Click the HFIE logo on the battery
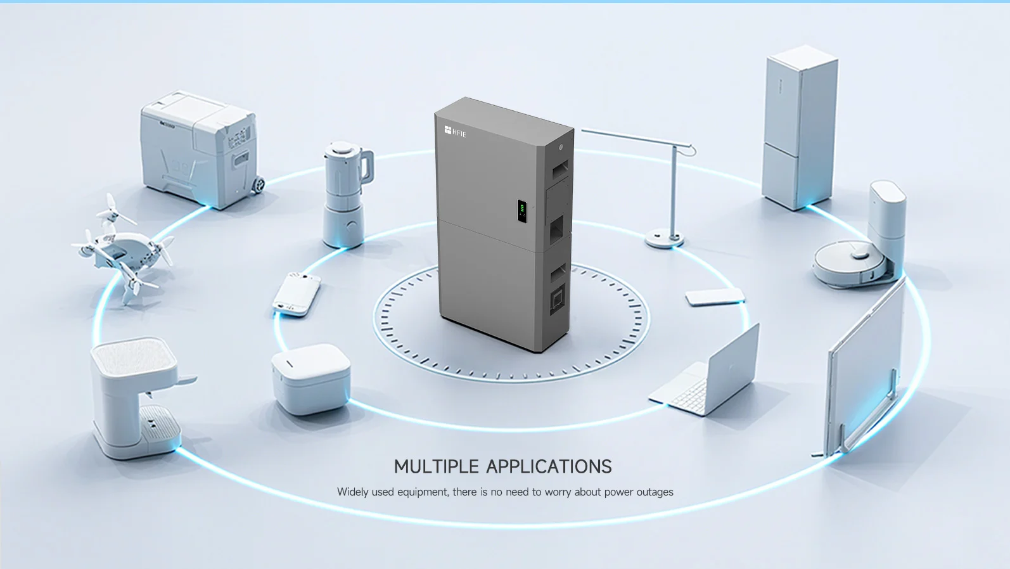coord(455,131)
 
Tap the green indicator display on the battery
coord(522,210)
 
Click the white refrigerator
coord(800,127)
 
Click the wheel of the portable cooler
coord(258,185)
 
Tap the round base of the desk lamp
coord(664,240)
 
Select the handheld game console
coord(297,293)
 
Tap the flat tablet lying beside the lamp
coord(715,297)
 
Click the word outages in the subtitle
coord(655,492)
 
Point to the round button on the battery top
coord(561,148)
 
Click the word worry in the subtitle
coord(558,492)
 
